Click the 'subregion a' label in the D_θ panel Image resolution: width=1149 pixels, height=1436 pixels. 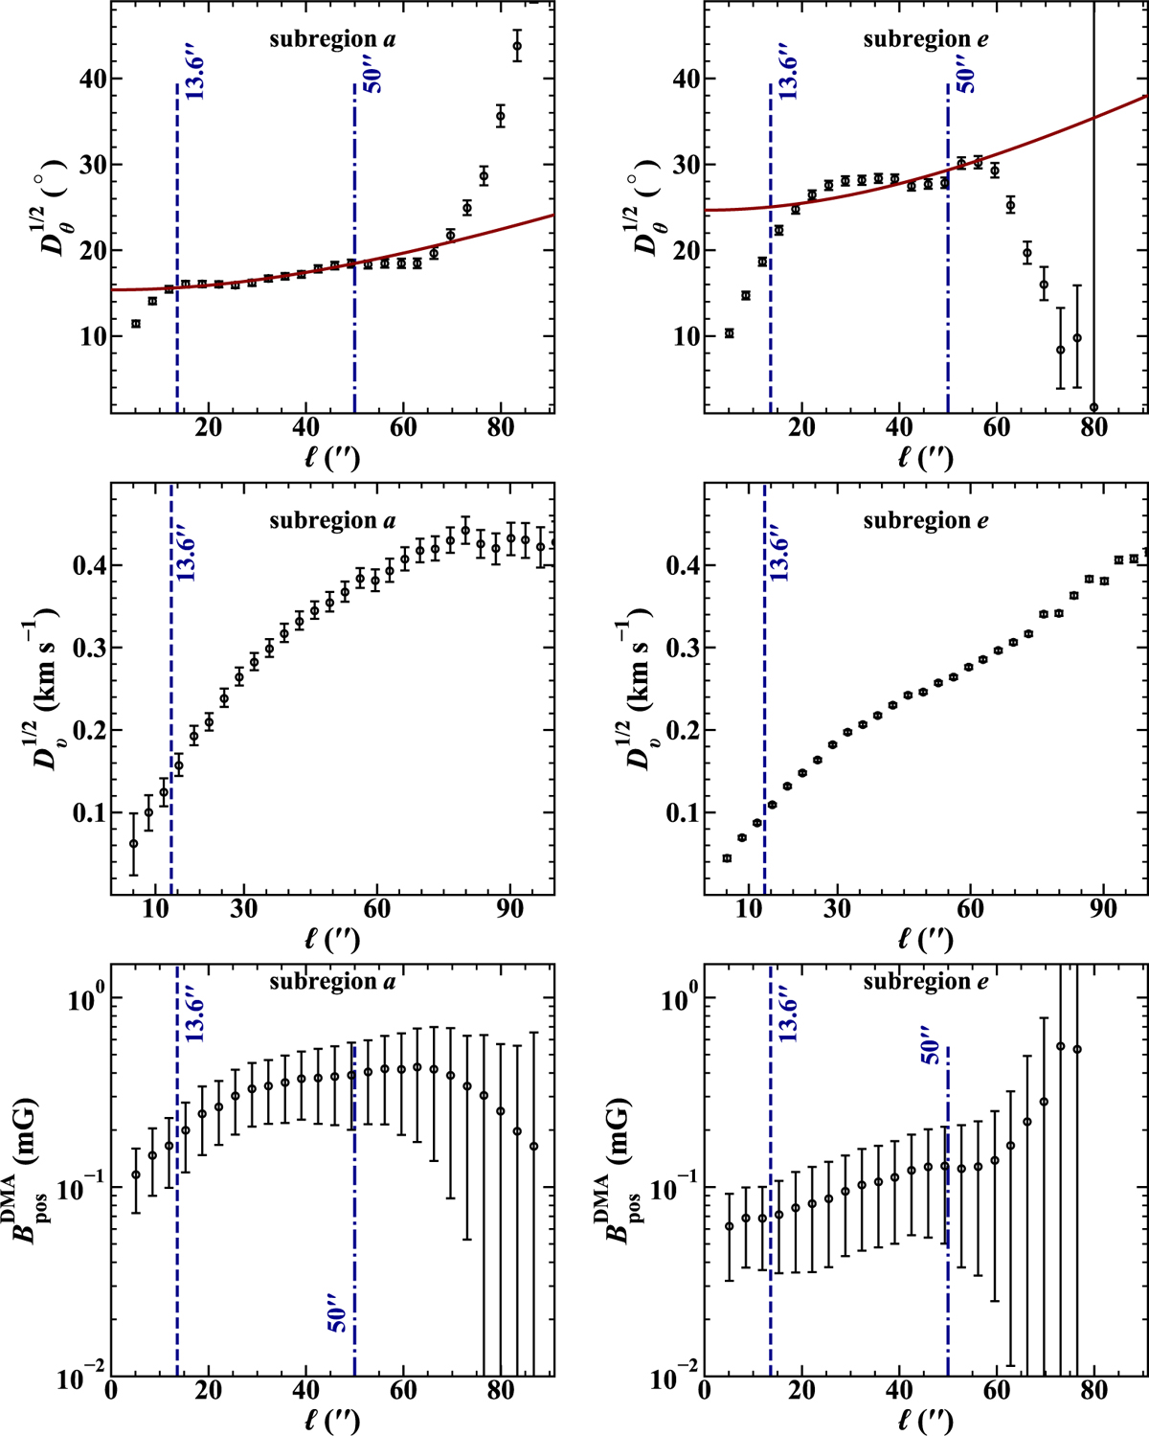332,39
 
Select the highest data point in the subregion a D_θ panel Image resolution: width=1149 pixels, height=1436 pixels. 517,46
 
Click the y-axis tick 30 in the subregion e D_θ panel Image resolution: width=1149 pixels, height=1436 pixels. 687,165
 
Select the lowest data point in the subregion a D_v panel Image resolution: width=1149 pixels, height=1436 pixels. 133,843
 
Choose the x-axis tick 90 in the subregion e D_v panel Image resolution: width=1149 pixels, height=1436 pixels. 1103,908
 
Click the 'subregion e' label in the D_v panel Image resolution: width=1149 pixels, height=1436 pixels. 926,521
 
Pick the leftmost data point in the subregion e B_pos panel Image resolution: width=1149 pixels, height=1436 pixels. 730,1225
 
